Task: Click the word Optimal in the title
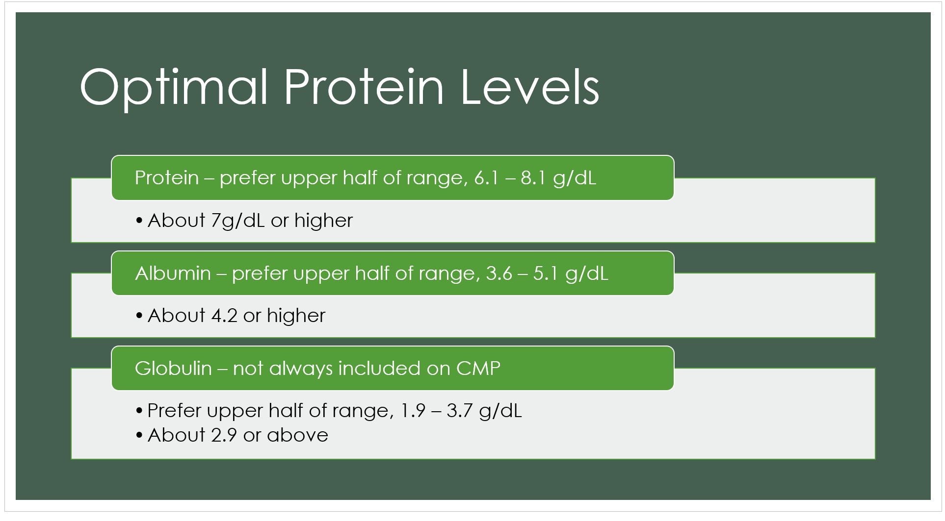(174, 89)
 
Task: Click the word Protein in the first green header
(167, 177)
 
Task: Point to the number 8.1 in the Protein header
(533, 178)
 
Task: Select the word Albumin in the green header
(173, 273)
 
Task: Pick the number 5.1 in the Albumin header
(546, 273)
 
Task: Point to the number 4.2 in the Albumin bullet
(224, 316)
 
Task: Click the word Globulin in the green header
(173, 368)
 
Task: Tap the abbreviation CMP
(478, 369)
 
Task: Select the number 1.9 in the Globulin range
(413, 411)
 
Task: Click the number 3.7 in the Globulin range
(459, 411)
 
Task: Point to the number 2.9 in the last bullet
(224, 435)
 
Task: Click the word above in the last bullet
(297, 435)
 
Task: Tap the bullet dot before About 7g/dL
(139, 222)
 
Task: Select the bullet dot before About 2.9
(139, 436)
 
